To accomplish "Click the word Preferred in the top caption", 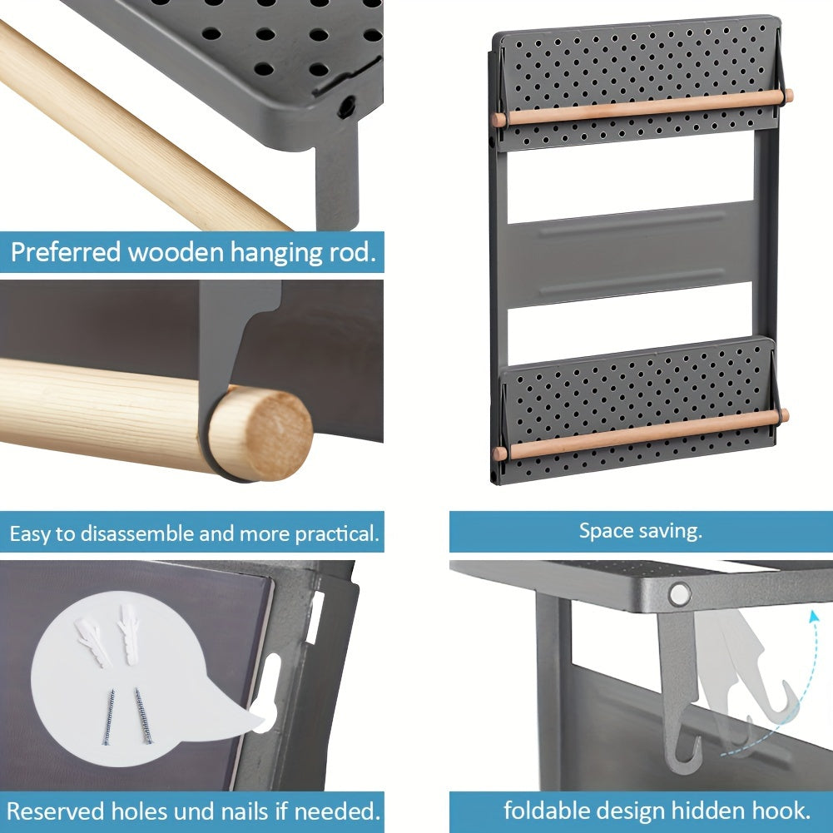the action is coord(66,252).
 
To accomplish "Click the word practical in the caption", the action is coord(337,534).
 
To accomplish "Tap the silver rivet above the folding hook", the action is coord(679,594).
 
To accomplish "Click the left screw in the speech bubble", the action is coord(108,716).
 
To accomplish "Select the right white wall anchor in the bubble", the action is coord(128,634).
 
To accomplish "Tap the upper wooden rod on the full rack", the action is coord(642,108).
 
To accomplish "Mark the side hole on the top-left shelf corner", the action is coord(346,107).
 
